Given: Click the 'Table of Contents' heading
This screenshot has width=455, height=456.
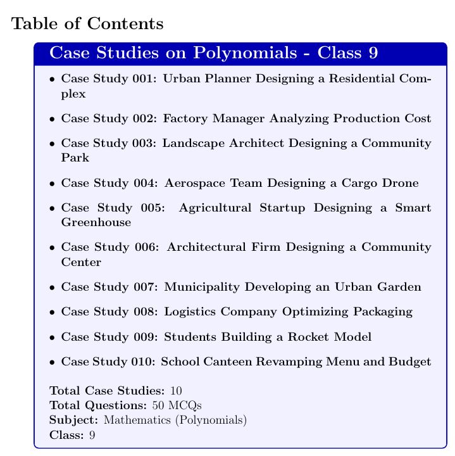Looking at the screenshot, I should pos(88,24).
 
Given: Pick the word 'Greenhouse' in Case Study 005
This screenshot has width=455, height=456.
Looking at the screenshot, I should pos(96,222).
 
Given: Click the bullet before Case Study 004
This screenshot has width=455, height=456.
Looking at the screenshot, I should pos(51,184).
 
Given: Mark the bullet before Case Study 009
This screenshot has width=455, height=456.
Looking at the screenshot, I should pos(51,337).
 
